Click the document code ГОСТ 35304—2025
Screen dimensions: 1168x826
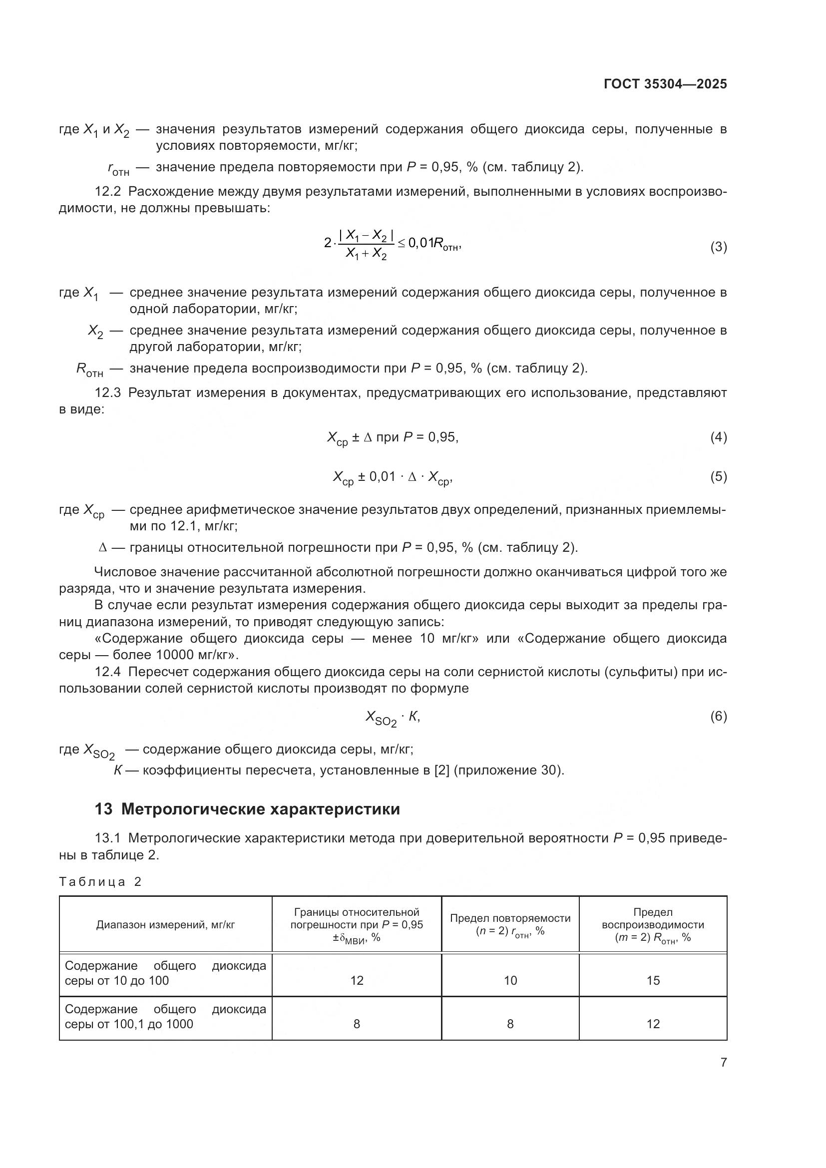point(665,84)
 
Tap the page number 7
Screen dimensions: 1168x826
point(723,1062)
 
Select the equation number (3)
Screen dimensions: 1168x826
point(718,247)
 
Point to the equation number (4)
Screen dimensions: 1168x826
point(718,437)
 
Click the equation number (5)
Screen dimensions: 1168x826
point(718,477)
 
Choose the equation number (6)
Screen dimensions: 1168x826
point(718,716)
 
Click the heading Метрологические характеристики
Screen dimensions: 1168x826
point(260,809)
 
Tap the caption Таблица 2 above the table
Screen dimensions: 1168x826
point(100,881)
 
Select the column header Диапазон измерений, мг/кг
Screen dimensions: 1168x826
point(165,925)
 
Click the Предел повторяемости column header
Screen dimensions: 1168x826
point(510,924)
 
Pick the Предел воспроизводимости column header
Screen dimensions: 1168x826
point(653,925)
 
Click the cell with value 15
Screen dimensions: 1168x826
point(653,980)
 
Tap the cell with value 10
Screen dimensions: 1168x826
point(510,980)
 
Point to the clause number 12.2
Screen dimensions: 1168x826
point(108,192)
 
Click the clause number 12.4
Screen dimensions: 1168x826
point(108,672)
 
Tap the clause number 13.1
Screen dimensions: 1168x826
point(108,838)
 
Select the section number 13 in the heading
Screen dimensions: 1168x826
point(103,809)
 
